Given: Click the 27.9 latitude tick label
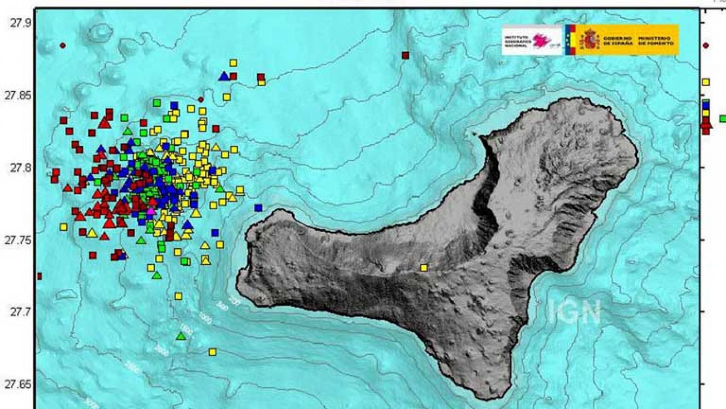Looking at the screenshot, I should click(x=21, y=23).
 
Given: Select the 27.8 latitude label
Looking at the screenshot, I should click(x=21, y=168).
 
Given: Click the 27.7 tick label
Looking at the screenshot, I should click(x=21, y=312).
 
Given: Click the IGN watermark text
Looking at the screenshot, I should click(x=574, y=312).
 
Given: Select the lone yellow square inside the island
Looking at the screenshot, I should click(x=424, y=268).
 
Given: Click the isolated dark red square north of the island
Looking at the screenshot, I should click(x=406, y=55).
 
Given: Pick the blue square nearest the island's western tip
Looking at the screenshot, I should click(x=258, y=208).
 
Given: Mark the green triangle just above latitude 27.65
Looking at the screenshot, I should click(x=181, y=336).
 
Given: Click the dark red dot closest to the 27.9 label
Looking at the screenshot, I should click(x=63, y=45).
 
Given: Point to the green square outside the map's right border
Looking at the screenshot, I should click(x=723, y=119).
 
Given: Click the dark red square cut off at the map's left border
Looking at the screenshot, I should click(x=39, y=276).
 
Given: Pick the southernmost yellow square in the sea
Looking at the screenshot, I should click(x=212, y=352).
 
